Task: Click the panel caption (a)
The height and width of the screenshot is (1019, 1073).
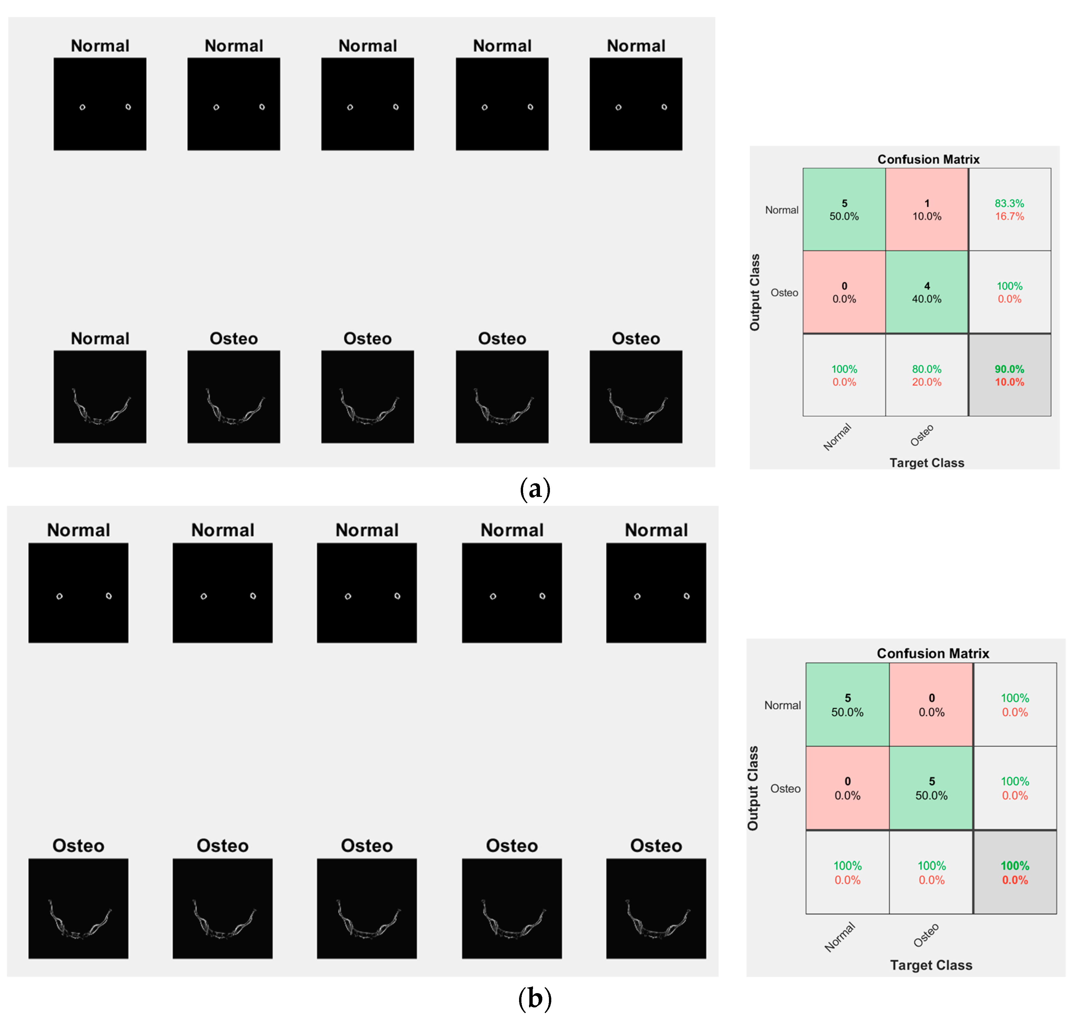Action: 535,489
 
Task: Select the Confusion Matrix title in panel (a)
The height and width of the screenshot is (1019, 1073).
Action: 928,159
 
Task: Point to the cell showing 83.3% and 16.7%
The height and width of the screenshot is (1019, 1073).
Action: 1009,210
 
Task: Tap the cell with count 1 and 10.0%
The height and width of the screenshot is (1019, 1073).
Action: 926,210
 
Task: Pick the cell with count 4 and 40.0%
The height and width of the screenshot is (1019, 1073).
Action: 926,292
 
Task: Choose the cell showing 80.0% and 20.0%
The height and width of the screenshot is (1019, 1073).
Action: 926,375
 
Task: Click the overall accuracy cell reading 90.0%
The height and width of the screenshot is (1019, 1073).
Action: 1009,375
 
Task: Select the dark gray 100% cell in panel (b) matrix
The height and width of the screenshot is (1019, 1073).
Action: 1014,872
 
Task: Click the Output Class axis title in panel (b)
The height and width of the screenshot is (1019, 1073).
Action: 753,788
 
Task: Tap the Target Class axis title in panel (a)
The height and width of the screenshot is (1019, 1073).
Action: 926,463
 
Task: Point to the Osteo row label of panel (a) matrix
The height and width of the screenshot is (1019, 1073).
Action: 784,293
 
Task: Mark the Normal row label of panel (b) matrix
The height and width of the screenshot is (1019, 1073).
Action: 782,705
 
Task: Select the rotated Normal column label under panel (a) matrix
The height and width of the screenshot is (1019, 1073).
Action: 837,437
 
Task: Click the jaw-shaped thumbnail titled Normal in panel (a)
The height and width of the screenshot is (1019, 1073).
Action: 100,397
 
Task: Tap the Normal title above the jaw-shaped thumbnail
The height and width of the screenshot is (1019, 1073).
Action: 100,339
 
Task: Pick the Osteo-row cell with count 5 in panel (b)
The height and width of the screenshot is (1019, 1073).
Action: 931,788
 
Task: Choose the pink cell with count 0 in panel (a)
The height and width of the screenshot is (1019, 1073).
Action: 844,292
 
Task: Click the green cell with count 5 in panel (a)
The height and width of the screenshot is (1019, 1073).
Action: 844,210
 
